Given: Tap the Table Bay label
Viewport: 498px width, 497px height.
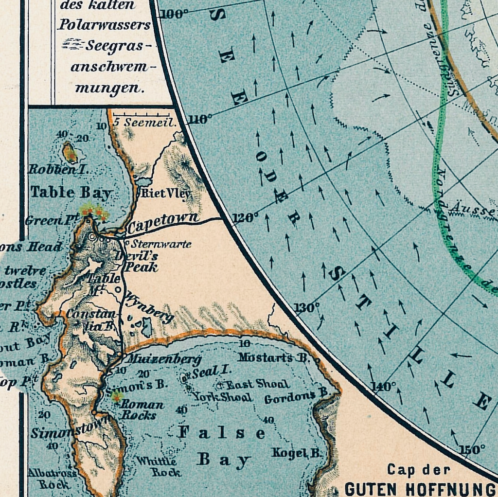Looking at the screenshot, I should (x=71, y=192).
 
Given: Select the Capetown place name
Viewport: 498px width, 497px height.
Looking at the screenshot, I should (x=162, y=223).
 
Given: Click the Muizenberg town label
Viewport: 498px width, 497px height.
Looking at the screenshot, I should (x=162, y=360).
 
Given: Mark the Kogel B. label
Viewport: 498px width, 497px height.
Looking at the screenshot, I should (x=297, y=453).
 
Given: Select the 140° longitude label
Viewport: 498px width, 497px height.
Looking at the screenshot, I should (x=384, y=387).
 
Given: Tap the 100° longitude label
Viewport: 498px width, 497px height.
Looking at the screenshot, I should (x=174, y=14).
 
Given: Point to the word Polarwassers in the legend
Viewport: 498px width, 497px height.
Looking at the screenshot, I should (x=104, y=24).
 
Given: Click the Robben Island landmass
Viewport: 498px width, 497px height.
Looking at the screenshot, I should (x=70, y=153).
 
